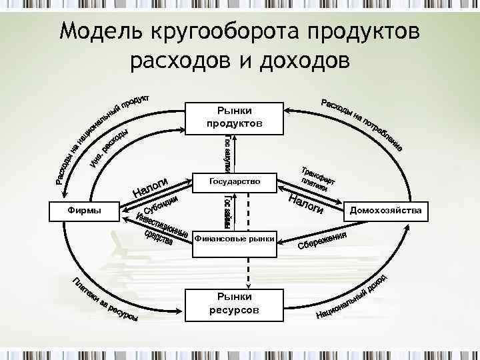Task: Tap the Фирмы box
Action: [85, 211]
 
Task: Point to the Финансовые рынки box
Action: [234, 238]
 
